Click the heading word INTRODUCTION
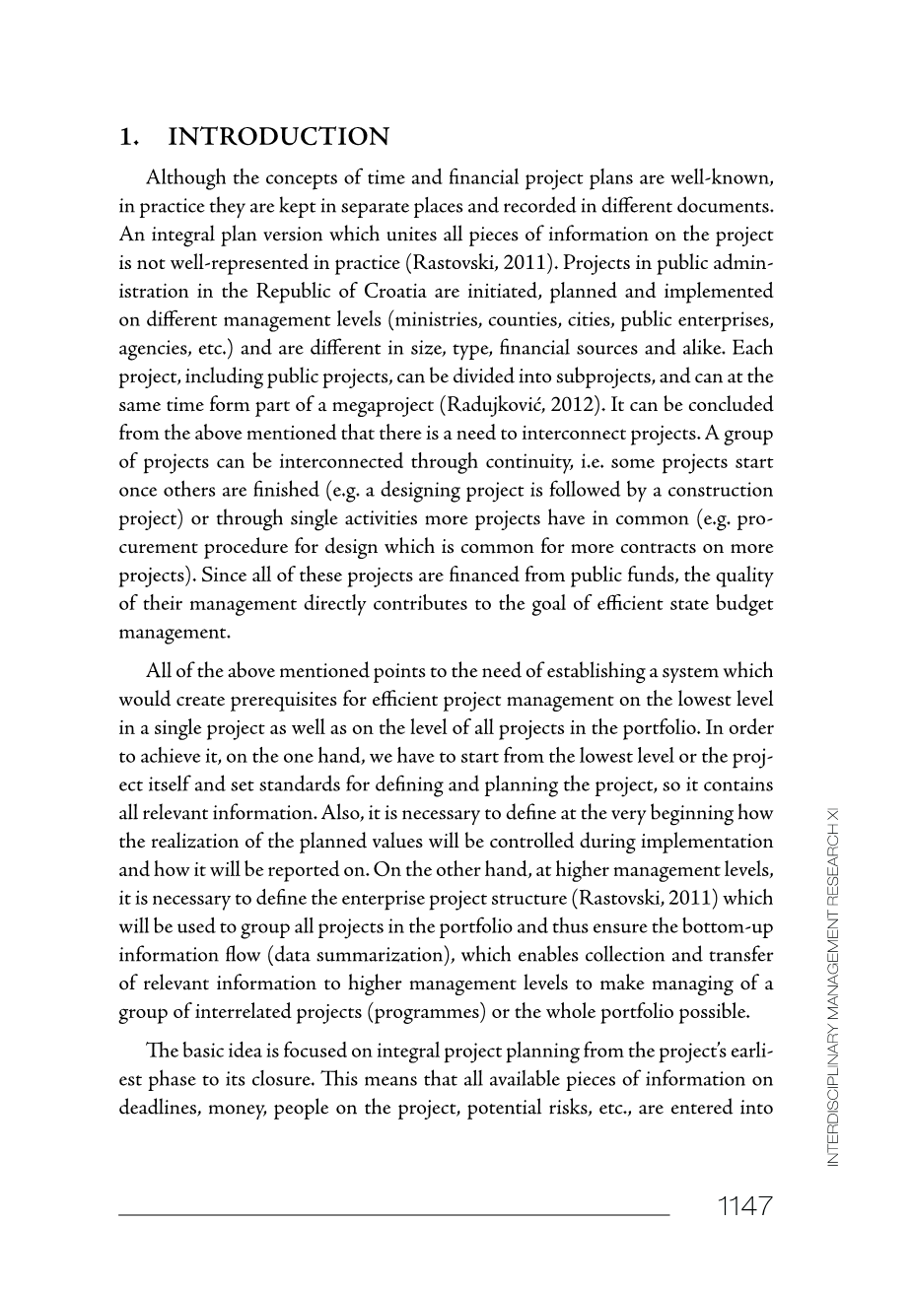coord(279,137)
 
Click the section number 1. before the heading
coord(127,137)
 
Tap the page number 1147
coord(744,1205)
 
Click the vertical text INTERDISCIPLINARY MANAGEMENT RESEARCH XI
coord(833,985)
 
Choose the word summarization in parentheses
coord(383,955)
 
